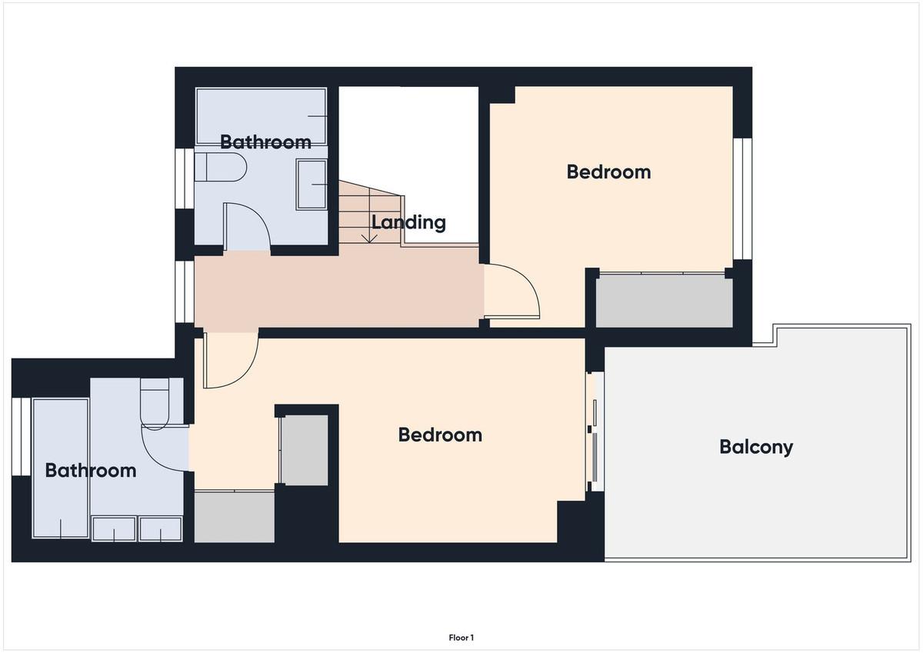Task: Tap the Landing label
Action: (x=408, y=222)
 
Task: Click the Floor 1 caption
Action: (x=461, y=638)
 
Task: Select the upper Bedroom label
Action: (x=608, y=172)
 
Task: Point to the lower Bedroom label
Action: (x=440, y=435)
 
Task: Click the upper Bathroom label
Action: (x=266, y=142)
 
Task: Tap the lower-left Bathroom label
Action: (x=91, y=471)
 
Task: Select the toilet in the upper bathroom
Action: (x=221, y=167)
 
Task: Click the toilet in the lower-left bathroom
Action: (x=155, y=404)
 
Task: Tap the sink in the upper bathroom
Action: (x=312, y=185)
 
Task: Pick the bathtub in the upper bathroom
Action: (x=262, y=116)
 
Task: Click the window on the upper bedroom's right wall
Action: (x=742, y=198)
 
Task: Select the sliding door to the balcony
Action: (x=595, y=431)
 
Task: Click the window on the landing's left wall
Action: (x=185, y=292)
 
